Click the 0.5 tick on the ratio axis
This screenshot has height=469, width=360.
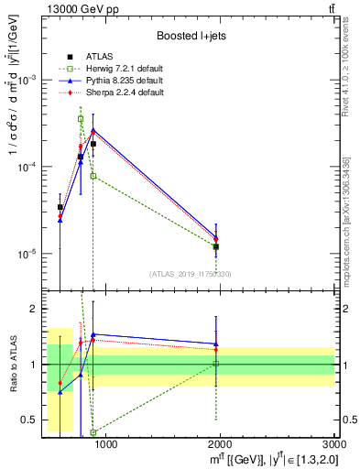[28, 420]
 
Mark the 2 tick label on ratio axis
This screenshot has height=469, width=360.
[33, 309]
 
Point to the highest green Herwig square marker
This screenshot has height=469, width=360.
[81, 119]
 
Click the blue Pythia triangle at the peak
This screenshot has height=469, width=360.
[93, 130]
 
